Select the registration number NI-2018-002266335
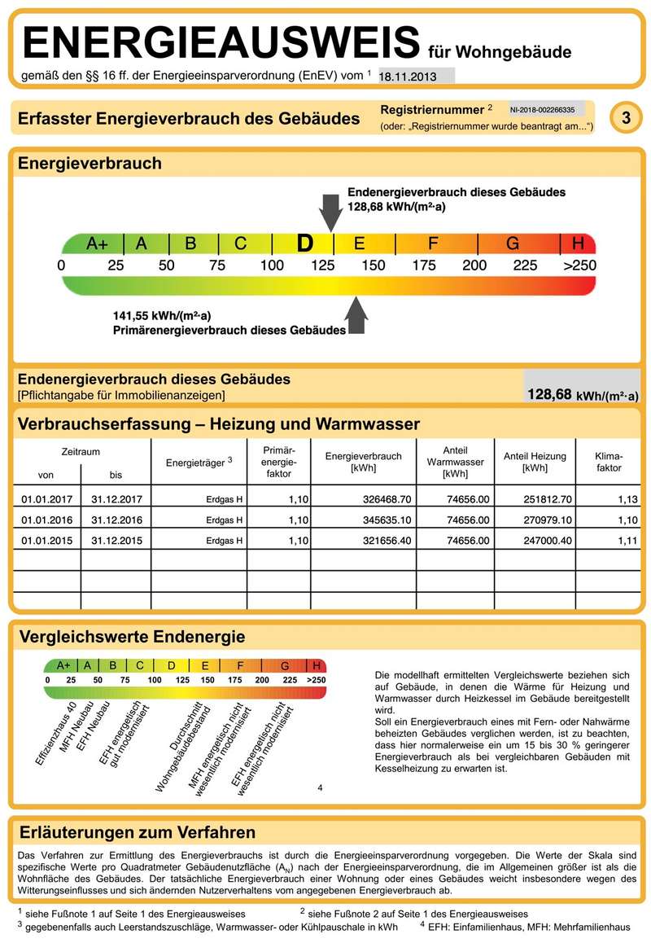pos(543,109)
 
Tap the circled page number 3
pos(626,118)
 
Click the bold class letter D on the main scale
pos(304,243)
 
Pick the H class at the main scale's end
pos(579,243)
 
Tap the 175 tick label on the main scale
pos(423,265)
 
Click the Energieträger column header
pos(199,463)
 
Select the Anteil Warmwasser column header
pos(455,462)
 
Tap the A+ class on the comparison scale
pos(63,665)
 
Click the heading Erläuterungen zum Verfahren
pos(137,832)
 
